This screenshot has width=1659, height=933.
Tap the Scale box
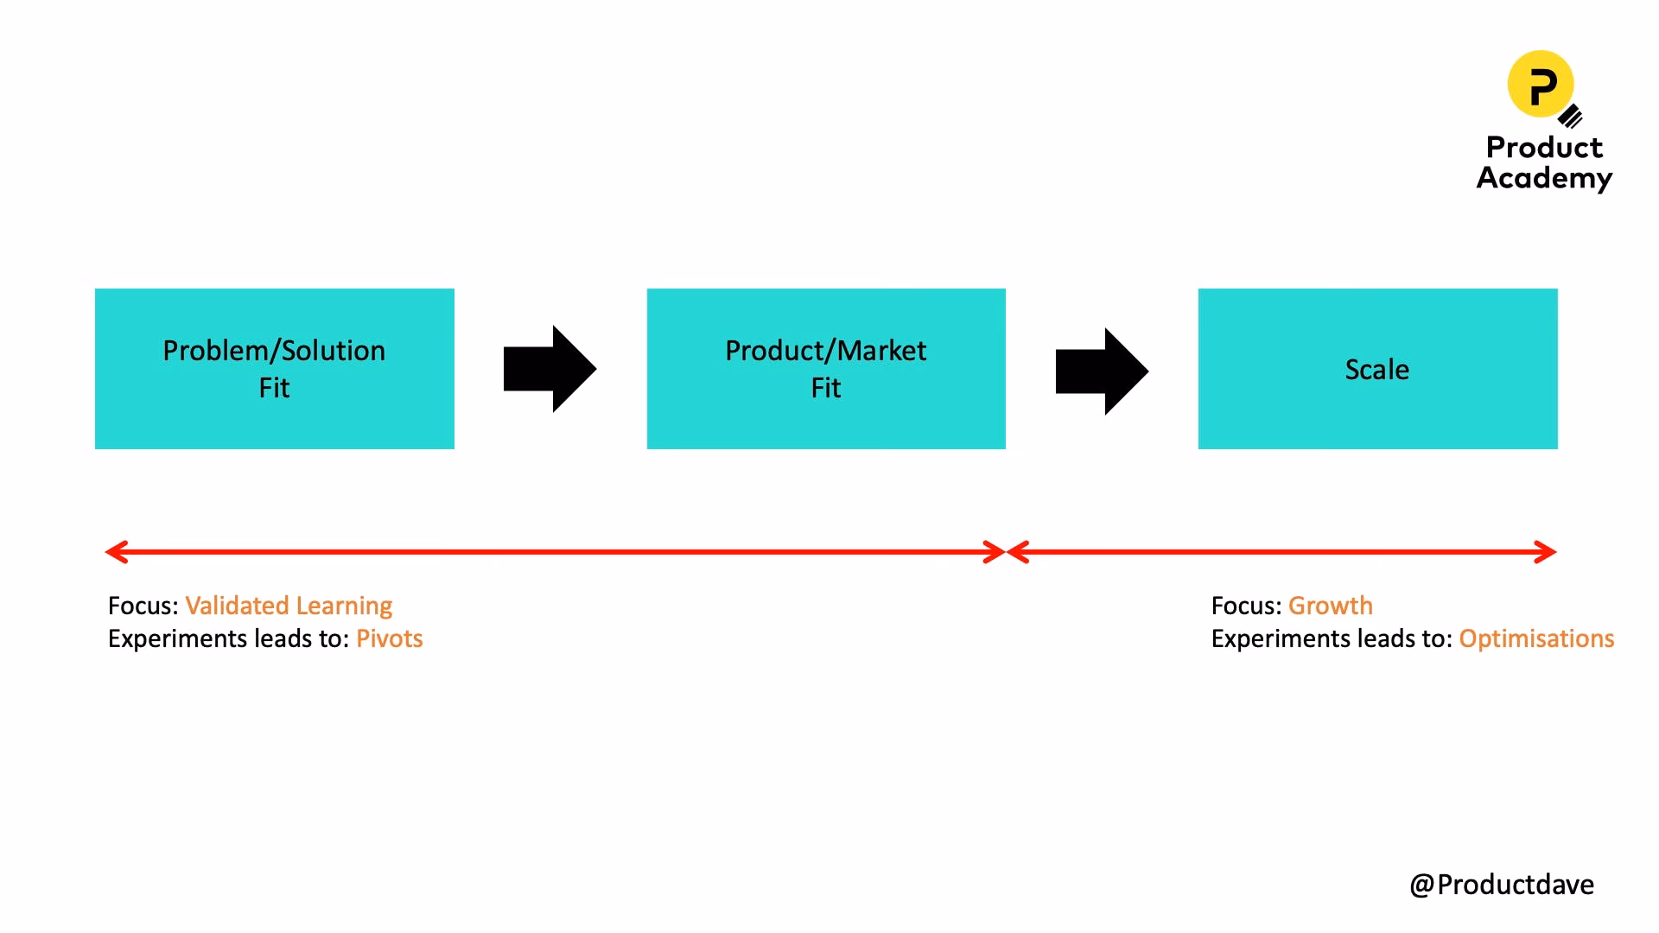coord(1377,369)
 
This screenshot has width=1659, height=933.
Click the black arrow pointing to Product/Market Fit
coord(550,369)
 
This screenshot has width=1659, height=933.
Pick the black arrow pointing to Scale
coord(1102,371)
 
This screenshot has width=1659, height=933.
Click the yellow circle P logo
coord(1541,84)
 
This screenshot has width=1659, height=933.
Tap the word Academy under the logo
coord(1544,178)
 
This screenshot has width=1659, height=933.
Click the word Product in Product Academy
coord(1544,148)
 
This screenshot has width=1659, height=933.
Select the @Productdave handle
coord(1502,885)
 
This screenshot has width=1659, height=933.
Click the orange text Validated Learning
coord(289,606)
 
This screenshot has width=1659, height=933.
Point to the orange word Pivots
coord(390,638)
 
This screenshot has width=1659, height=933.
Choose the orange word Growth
coord(1330,606)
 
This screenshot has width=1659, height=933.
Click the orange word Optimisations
coord(1536,638)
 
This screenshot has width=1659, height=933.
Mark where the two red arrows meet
coord(1007,552)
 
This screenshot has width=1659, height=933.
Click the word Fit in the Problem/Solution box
coord(274,388)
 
